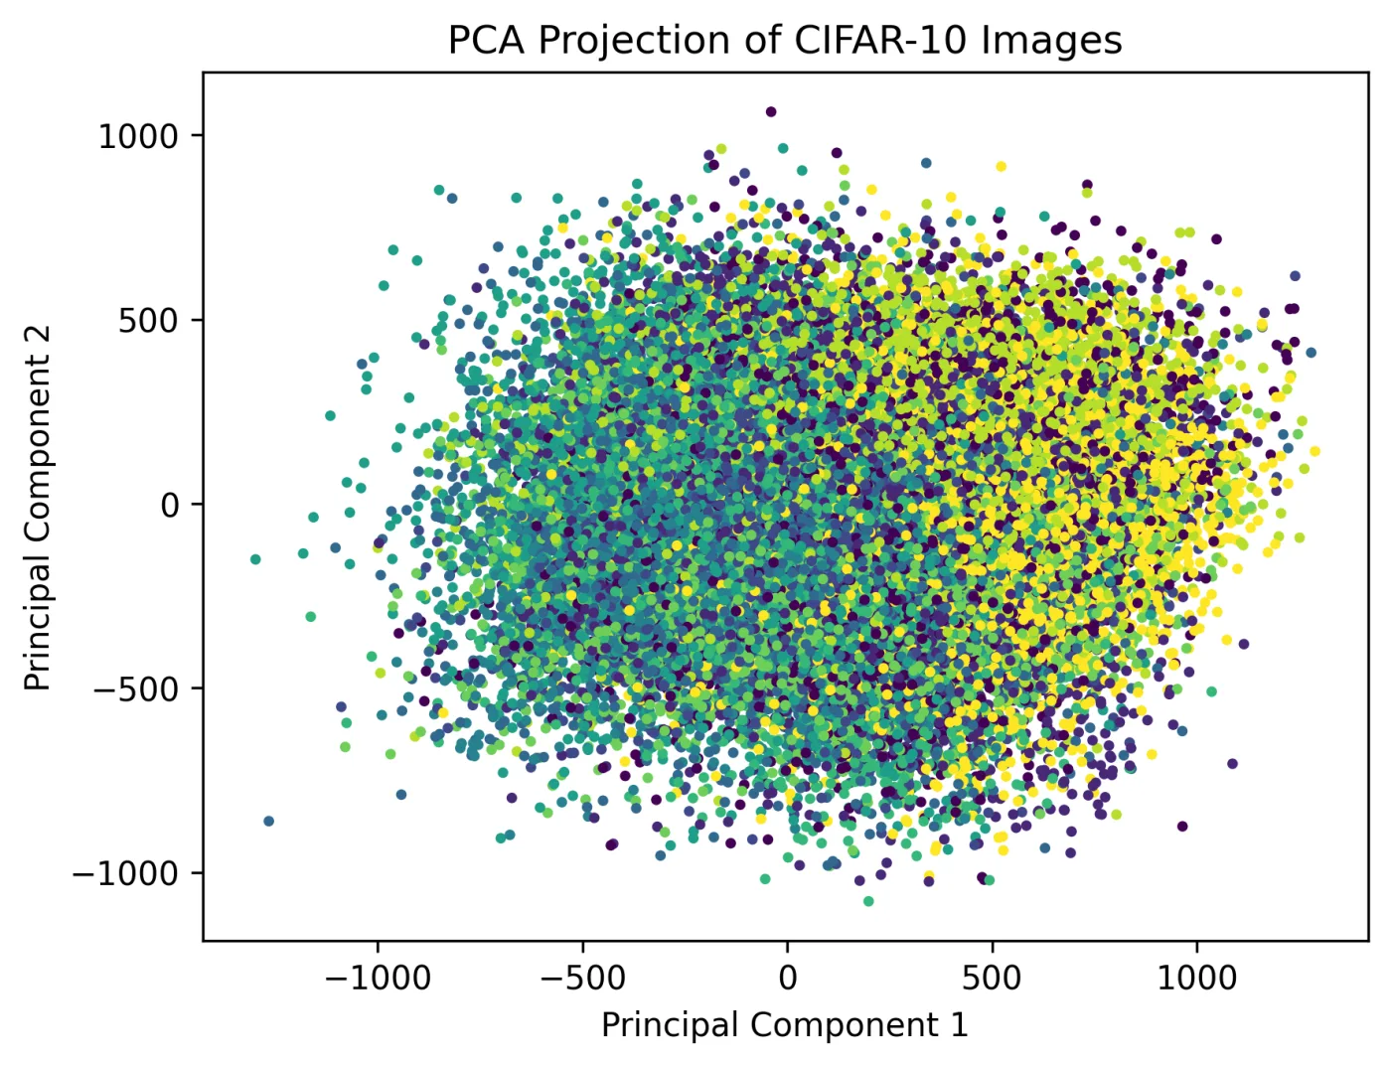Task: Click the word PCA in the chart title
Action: point(488,41)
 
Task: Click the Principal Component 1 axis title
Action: point(785,1025)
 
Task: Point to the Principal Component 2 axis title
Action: point(37,509)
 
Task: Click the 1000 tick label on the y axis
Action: point(137,137)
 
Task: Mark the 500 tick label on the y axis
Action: point(147,321)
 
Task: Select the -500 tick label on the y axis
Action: point(135,689)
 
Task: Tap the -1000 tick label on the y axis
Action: point(125,874)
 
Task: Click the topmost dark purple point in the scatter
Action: point(771,112)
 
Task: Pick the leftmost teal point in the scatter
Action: point(255,559)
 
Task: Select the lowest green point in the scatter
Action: point(868,901)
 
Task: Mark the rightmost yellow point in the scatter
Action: point(1315,451)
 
